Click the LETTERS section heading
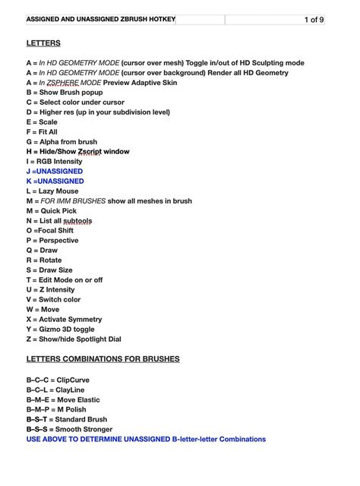coord(43,43)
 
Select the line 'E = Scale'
coord(42,121)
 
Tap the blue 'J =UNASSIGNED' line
coord(55,171)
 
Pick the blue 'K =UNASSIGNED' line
coord(55,181)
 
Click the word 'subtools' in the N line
coord(76,221)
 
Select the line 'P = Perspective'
coord(52,241)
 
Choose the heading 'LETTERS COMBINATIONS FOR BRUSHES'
coord(103,358)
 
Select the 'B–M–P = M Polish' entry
coord(56,409)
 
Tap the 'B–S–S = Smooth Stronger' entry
coord(69,429)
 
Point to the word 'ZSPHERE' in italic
coord(62,83)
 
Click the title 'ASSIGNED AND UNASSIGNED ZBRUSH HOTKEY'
coord(100,19)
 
